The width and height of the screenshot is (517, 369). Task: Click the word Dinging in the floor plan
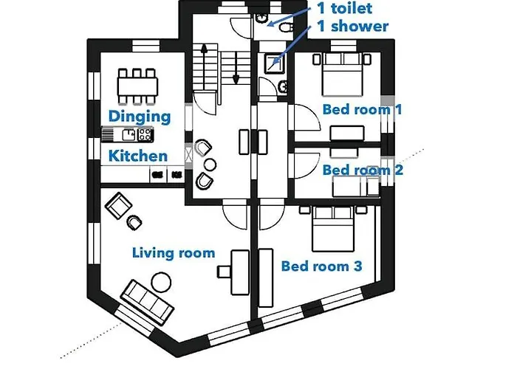coord(140,116)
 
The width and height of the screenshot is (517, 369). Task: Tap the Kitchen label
coord(138,156)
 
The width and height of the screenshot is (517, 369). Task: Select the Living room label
coord(173,253)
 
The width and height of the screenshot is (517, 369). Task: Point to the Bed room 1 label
coord(363,109)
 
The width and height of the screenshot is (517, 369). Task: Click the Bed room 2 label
coord(363,170)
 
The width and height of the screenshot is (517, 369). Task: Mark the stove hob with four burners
coord(144,134)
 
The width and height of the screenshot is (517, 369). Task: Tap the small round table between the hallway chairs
coord(210,163)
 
